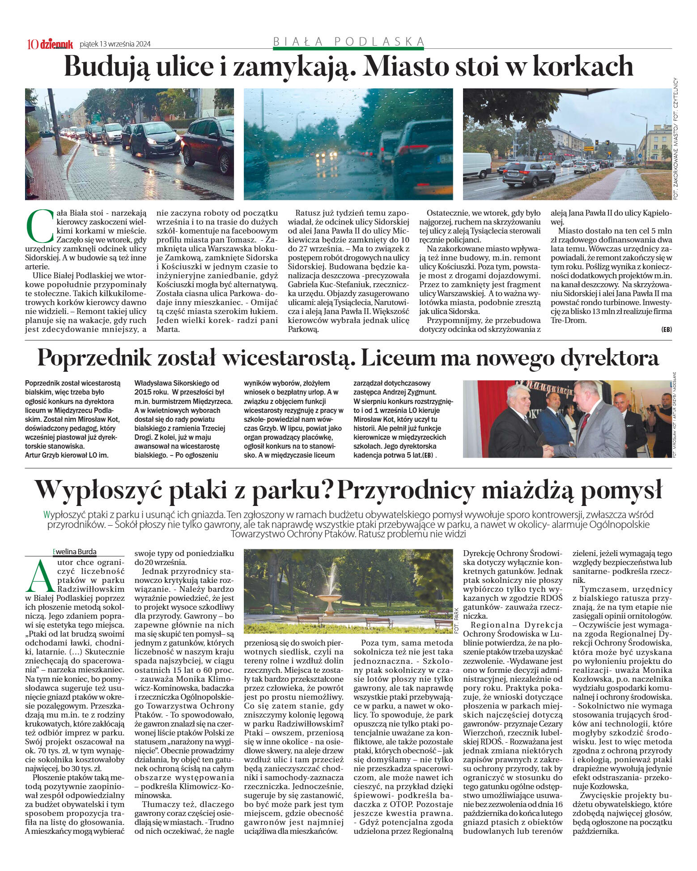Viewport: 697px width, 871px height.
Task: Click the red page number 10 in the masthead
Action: click(x=33, y=44)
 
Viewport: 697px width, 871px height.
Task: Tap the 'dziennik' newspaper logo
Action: click(x=56, y=44)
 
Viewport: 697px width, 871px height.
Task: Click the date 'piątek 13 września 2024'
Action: click(x=115, y=44)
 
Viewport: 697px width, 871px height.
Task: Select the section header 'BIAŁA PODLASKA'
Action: click(x=348, y=42)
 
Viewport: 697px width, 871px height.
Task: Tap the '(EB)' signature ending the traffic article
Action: click(x=666, y=329)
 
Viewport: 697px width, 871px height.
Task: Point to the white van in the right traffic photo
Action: click(x=477, y=164)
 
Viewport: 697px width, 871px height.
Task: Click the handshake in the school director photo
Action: click(x=549, y=450)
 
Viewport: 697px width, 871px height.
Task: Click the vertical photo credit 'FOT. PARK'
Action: click(x=456, y=620)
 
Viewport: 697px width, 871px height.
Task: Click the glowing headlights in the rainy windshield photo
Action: click(x=326, y=154)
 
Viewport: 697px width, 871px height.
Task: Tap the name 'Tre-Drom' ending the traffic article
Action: click(x=568, y=320)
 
